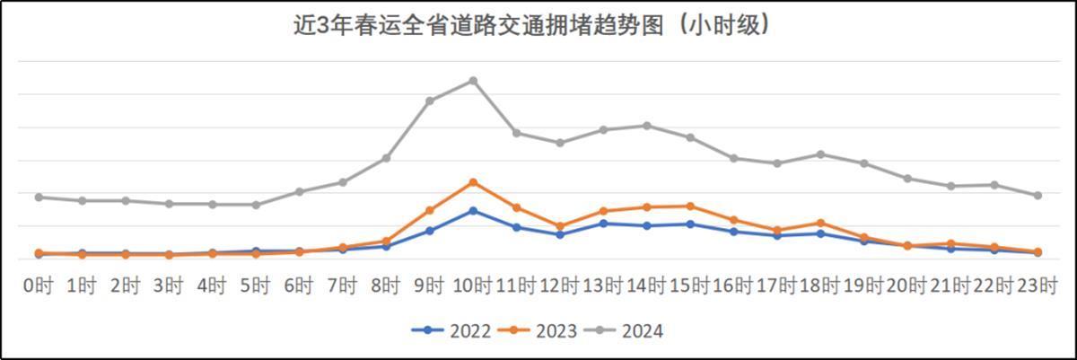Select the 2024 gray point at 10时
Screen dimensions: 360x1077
coord(473,81)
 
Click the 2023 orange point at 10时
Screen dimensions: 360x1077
coord(473,182)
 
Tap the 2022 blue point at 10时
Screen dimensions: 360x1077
coord(473,210)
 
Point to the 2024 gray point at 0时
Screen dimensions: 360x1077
coord(39,197)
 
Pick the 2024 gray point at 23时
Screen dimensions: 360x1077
coord(1038,195)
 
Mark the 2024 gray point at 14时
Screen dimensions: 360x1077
coord(646,126)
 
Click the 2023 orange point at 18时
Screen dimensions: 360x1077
coord(820,223)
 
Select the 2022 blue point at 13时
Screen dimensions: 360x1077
coord(603,223)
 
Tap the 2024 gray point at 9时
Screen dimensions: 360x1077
coord(430,101)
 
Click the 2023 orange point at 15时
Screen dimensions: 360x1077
coord(690,206)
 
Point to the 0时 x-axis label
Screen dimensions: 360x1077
coord(39,286)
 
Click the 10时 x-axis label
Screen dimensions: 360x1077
coord(473,286)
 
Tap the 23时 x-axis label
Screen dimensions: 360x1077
coord(1038,286)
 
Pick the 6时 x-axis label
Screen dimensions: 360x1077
coord(299,286)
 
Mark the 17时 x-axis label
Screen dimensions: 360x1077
coord(777,286)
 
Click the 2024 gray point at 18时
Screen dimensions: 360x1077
coord(820,154)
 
